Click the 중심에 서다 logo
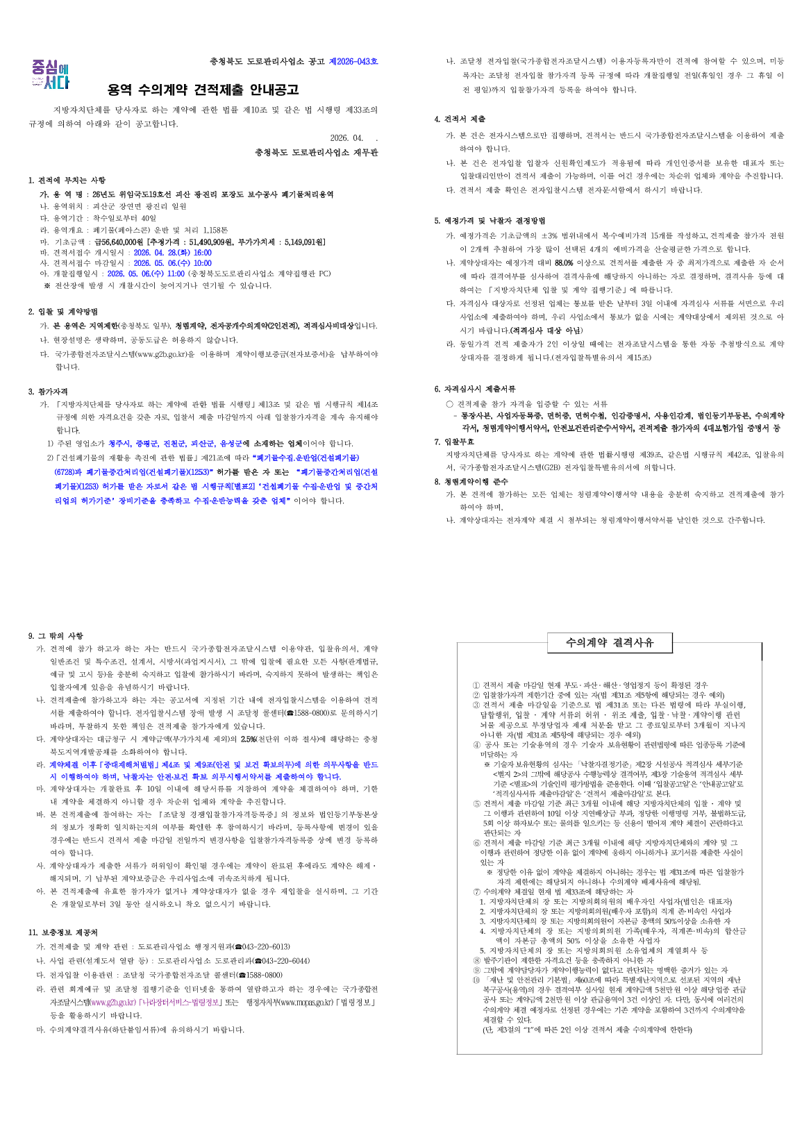[51, 75]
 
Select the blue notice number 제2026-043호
[353, 62]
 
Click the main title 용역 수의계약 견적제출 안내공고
[203, 90]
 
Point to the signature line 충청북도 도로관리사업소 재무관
[317, 152]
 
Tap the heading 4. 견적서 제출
[460, 119]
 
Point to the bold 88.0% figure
[563, 263]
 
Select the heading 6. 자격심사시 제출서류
[475, 389]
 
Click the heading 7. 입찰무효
[454, 442]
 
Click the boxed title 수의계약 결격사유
[610, 642]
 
